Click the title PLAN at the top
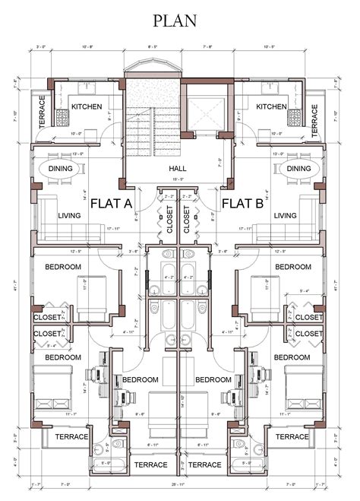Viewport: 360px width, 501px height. (x=180, y=22)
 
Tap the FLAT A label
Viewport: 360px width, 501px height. (x=112, y=203)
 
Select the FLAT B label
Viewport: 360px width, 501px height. (x=243, y=203)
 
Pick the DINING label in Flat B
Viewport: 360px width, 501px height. (x=299, y=169)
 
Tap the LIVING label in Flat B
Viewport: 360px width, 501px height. (x=286, y=216)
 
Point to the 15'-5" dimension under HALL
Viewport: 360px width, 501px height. (x=179, y=179)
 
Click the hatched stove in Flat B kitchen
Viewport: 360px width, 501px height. (x=295, y=117)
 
